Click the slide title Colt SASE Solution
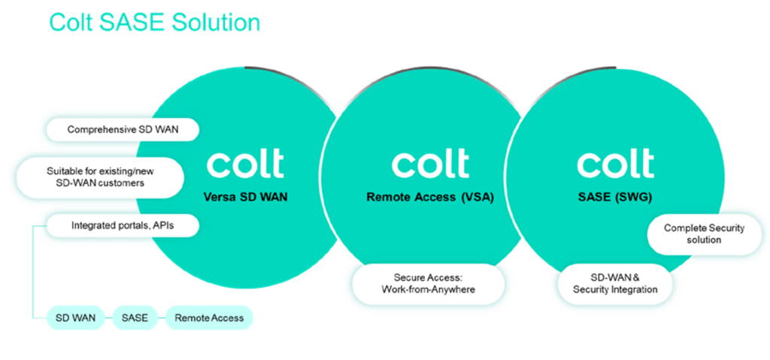(x=154, y=23)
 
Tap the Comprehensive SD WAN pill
(x=123, y=130)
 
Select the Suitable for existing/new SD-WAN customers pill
(x=100, y=178)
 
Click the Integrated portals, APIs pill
(x=123, y=226)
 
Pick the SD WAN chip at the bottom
(x=76, y=318)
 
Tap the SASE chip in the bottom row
(x=135, y=318)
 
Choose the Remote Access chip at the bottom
(x=209, y=318)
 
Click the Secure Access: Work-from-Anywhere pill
(x=428, y=283)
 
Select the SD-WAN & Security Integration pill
(x=615, y=283)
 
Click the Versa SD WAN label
(x=245, y=198)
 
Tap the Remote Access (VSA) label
(x=429, y=198)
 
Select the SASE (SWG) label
(x=615, y=198)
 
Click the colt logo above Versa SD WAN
(x=245, y=164)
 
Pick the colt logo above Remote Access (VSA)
(x=430, y=164)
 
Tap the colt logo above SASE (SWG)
(x=615, y=164)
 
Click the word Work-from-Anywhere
(x=428, y=289)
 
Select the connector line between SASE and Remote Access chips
(x=161, y=318)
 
